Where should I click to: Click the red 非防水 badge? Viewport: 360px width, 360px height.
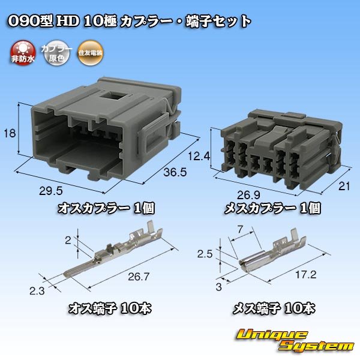[23, 53]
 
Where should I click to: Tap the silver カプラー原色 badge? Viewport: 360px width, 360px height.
[56, 53]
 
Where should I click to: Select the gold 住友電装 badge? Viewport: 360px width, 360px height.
[90, 53]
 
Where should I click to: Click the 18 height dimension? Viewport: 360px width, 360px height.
[10, 133]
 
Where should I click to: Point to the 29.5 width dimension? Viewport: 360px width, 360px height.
[51, 191]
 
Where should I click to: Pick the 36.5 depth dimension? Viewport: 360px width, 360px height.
[175, 172]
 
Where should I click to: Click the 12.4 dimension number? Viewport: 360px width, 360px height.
[199, 157]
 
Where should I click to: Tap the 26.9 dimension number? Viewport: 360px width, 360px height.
[248, 196]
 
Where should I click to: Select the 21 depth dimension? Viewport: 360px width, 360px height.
[344, 186]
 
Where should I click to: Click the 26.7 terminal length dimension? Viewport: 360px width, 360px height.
[139, 277]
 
